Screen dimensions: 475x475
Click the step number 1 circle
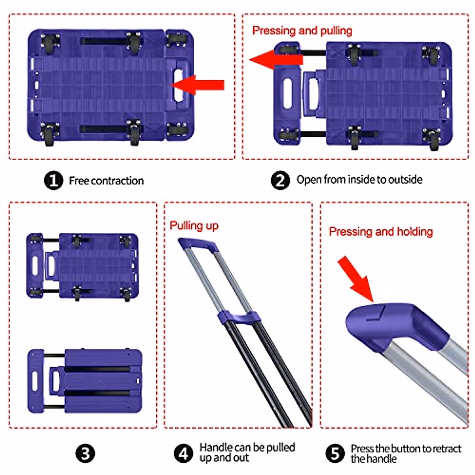(x=53, y=180)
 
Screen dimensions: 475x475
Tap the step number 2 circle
(x=280, y=180)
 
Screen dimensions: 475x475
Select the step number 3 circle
(x=85, y=453)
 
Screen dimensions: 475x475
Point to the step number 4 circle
(x=183, y=453)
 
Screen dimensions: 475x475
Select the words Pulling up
(x=194, y=226)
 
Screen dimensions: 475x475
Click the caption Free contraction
(x=106, y=181)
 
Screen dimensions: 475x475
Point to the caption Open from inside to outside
(x=359, y=180)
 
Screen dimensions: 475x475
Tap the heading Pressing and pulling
(x=302, y=30)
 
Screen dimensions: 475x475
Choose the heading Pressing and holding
(x=381, y=232)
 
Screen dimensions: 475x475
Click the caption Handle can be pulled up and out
(x=247, y=452)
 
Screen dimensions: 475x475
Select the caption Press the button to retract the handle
(x=406, y=454)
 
